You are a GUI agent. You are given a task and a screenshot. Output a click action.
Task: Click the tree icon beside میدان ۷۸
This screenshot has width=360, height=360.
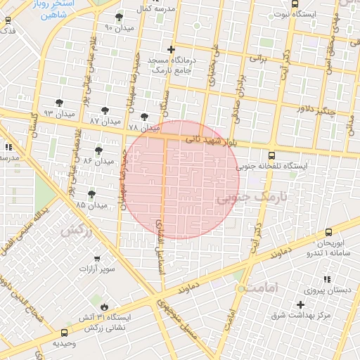145,117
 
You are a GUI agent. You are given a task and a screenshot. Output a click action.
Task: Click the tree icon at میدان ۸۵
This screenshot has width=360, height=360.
91,194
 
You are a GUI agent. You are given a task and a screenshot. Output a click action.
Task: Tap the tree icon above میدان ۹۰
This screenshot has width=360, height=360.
119,17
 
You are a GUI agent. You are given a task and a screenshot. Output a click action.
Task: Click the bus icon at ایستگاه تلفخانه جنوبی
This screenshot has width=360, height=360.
272,156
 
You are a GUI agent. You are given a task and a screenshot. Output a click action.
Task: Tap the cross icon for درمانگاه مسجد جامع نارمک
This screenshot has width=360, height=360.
172,49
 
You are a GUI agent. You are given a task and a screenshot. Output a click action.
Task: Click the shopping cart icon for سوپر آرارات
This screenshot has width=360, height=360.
96,258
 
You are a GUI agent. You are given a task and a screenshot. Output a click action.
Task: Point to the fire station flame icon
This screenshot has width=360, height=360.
105,307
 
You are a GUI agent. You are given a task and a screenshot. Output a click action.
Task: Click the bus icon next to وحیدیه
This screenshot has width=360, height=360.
65,333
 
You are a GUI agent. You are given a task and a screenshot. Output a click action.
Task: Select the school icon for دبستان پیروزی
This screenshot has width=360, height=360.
326,279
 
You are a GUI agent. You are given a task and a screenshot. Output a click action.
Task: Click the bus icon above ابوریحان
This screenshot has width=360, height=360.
328,231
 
